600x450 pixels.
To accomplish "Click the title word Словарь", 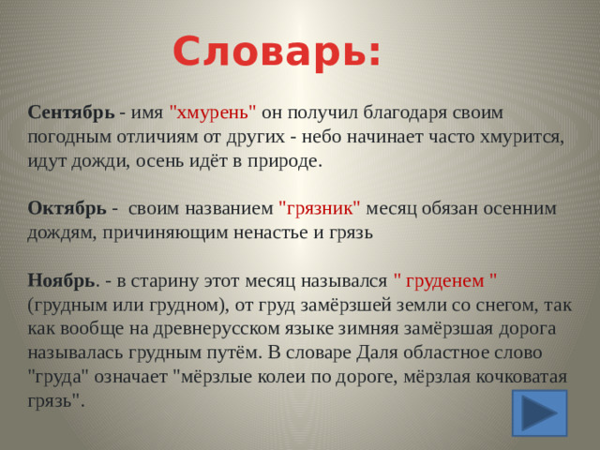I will tap(277, 52).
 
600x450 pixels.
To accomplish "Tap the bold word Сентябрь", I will tap(71, 112).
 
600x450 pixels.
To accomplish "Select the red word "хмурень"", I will tap(213, 112).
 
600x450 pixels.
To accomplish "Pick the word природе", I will tap(287, 160).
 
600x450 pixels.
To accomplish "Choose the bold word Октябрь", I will tap(67, 208).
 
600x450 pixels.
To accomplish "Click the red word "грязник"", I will tap(320, 208).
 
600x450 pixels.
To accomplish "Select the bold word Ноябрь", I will tap(61, 279).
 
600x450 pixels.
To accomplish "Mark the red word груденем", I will tap(444, 279).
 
